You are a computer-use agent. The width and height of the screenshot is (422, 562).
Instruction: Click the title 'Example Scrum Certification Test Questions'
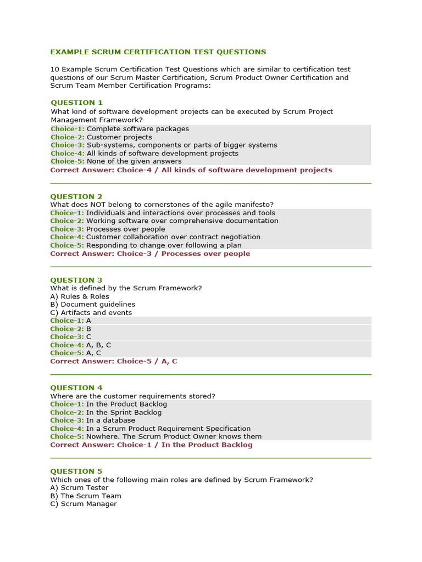(x=158, y=52)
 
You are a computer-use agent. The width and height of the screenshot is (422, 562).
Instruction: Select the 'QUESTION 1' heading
(x=76, y=103)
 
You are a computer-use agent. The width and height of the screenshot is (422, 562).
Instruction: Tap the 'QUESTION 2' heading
(x=76, y=196)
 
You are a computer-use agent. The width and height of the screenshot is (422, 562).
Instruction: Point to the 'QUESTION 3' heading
(x=76, y=280)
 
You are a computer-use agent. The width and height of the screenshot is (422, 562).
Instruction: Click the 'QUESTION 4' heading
(x=76, y=387)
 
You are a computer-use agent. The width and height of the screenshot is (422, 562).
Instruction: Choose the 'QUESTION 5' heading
(x=76, y=471)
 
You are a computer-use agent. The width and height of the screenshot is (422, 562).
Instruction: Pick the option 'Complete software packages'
(x=137, y=129)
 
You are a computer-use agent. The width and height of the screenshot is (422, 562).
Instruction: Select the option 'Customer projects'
(x=119, y=137)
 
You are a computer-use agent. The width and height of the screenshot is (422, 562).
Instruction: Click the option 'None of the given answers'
(x=134, y=161)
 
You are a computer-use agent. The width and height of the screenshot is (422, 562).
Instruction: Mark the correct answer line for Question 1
(x=191, y=170)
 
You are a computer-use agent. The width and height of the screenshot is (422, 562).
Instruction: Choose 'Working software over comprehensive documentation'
(x=182, y=221)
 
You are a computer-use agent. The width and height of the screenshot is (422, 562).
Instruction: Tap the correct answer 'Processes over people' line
(x=150, y=254)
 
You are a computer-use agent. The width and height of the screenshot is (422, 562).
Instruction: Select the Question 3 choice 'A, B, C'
(x=98, y=345)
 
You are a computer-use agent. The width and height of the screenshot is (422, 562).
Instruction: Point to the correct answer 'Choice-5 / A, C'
(x=114, y=361)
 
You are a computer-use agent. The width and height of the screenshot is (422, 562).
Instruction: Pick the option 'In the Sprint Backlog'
(x=124, y=412)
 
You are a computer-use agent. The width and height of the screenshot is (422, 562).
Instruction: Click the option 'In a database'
(x=110, y=420)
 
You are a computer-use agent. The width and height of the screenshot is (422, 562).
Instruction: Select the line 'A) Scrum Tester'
(x=79, y=487)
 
